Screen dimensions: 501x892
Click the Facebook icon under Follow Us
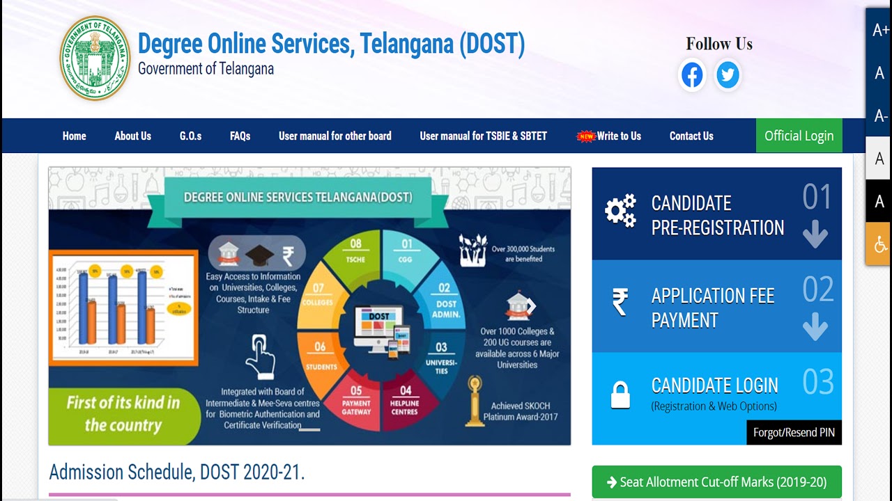pos(692,75)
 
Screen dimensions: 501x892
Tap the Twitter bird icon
pos(728,75)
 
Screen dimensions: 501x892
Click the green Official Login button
pos(799,136)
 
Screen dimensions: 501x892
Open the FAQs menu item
pos(240,136)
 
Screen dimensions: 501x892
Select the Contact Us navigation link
pos(691,136)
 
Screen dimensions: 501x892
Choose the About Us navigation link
pos(132,136)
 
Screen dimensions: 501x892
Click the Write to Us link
pos(618,136)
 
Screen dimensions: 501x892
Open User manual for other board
pos(334,136)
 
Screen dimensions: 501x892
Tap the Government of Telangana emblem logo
pos(95,58)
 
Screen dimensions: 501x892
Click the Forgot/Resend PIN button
pos(794,432)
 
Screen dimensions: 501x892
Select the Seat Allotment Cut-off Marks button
pos(716,482)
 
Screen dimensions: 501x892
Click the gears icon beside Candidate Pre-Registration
pos(620,211)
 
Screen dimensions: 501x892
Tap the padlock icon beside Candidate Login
pos(620,395)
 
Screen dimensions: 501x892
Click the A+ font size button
pos(880,30)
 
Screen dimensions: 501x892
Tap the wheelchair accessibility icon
pos(880,244)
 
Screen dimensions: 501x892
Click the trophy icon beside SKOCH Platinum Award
pos(475,400)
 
